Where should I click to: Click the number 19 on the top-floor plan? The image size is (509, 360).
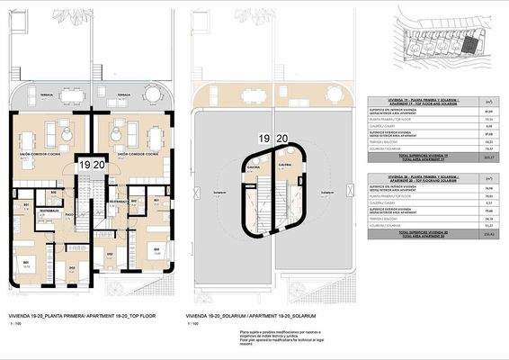click(x=84, y=166)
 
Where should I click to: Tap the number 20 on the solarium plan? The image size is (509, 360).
click(x=281, y=139)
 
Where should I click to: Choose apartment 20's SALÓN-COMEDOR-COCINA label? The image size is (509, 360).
click(x=136, y=153)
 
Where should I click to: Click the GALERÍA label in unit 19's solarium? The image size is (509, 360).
click(x=255, y=166)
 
